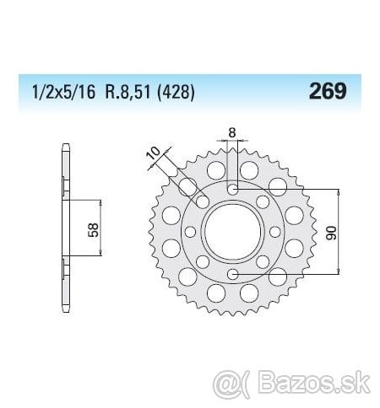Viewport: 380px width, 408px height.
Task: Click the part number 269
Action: [x=328, y=91]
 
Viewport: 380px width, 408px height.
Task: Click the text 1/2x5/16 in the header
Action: [x=64, y=92]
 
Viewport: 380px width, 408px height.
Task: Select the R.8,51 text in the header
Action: [x=128, y=92]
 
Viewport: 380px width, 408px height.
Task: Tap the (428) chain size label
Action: [x=176, y=92]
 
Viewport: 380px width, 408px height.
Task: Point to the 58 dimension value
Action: [x=94, y=230]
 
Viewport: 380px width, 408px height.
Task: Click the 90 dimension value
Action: [x=331, y=233]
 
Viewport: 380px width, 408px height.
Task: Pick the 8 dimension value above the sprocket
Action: [x=231, y=132]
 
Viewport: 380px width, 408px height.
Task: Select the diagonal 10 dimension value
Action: [x=155, y=153]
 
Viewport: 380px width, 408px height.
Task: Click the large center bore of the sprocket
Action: [x=232, y=232]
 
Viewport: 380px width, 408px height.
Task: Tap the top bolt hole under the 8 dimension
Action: [x=232, y=190]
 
